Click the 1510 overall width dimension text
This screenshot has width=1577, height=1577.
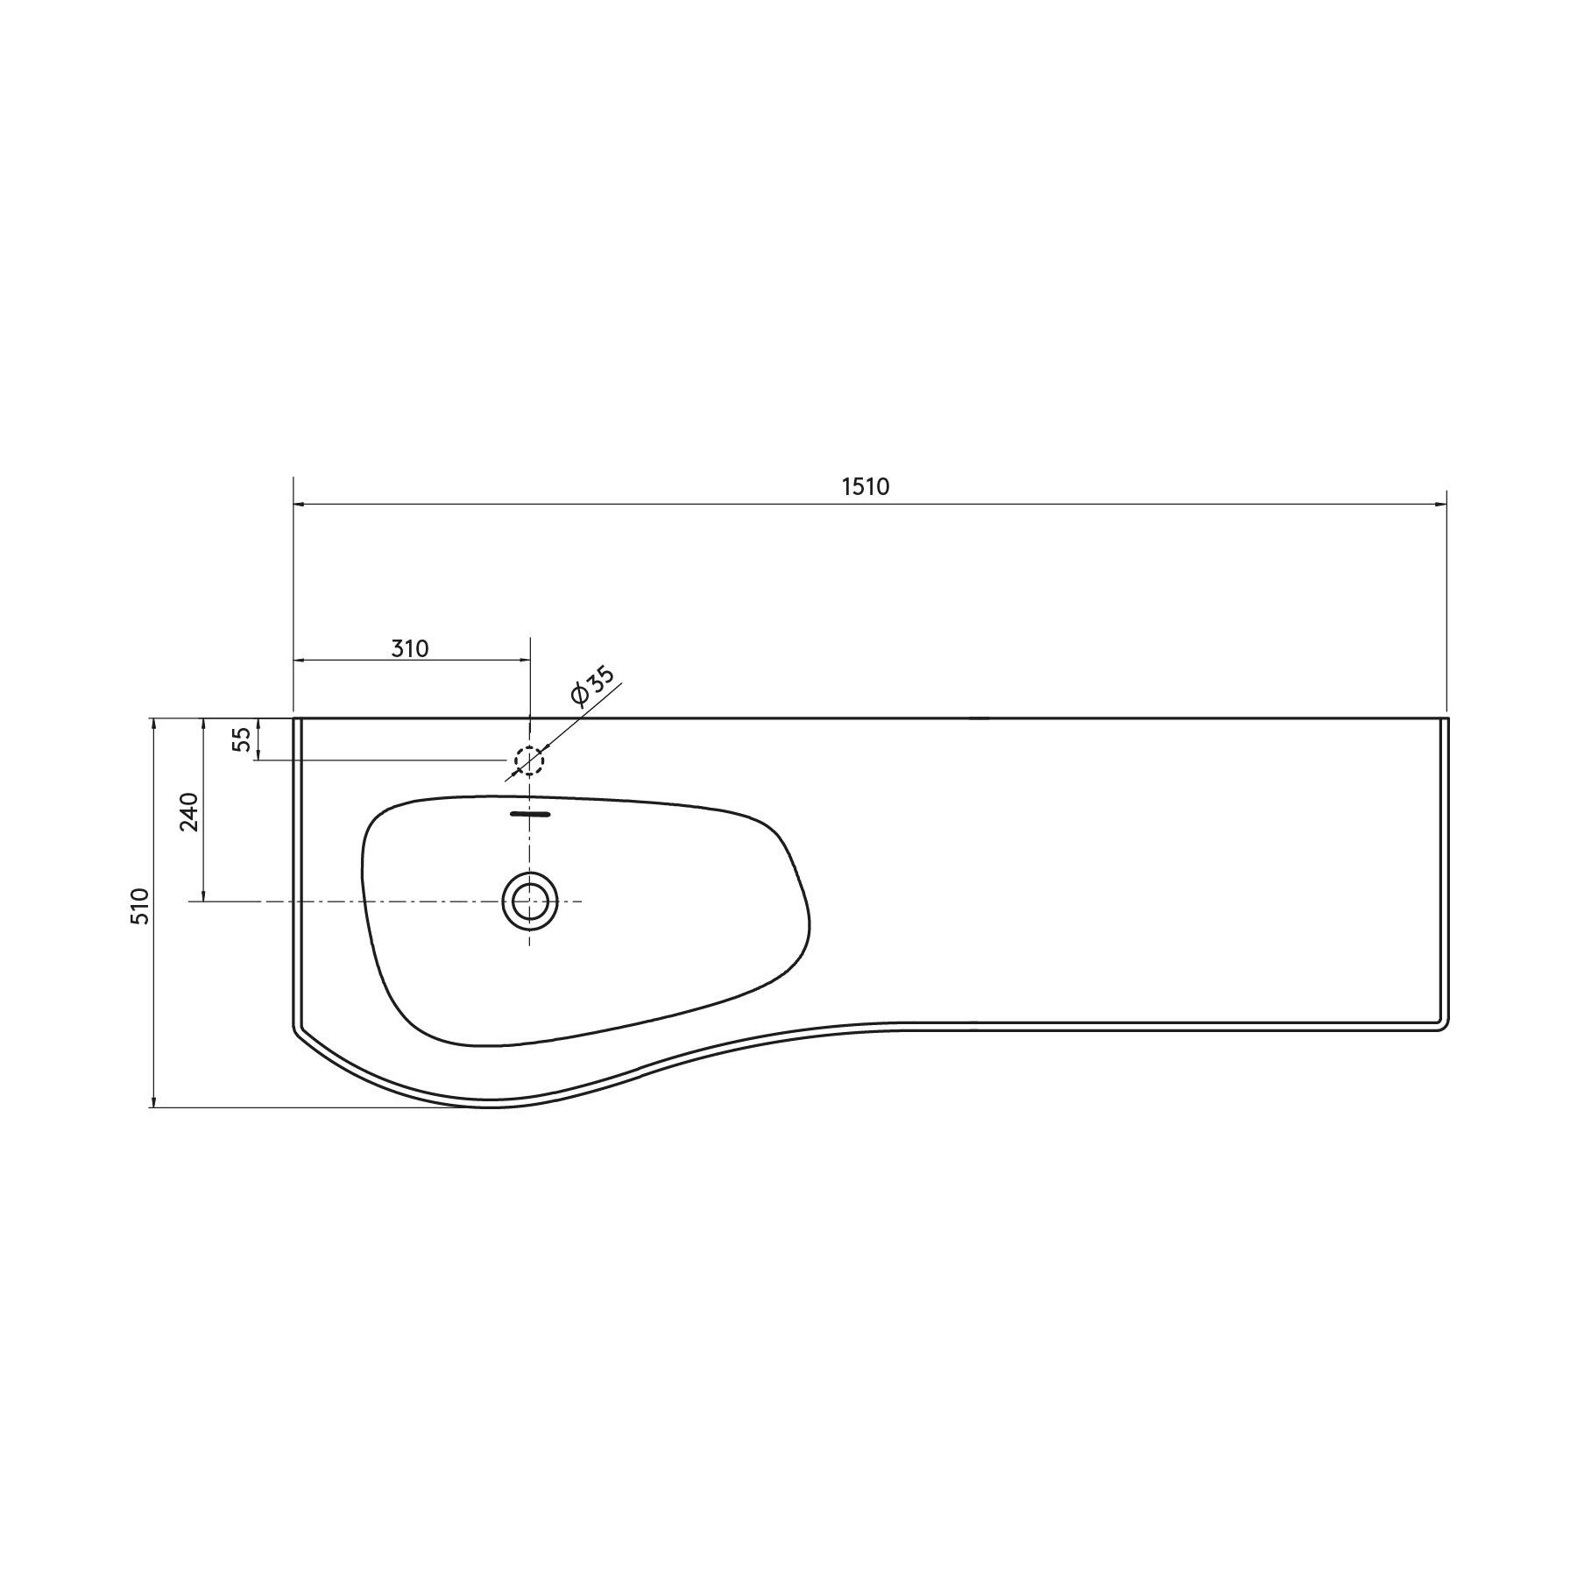coord(866,487)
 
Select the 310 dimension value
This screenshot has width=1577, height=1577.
coord(409,649)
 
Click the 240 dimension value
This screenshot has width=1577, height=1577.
coord(189,811)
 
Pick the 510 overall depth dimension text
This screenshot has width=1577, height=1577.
coord(140,905)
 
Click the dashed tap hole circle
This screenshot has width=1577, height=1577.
coord(529,760)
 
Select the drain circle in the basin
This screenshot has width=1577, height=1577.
coord(529,901)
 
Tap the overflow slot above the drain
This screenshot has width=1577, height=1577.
coord(530,814)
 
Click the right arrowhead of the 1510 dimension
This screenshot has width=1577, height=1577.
coord(1441,505)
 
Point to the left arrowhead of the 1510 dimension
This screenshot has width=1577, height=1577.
coord(299,505)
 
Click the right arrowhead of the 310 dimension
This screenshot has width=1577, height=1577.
coord(525,660)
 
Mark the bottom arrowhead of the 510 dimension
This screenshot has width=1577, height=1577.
coord(153,1101)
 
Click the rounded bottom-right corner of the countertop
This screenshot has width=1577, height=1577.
coord(1444,1027)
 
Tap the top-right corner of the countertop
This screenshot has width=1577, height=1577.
coord(1447,718)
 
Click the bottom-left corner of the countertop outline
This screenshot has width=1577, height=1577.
coord(295,1029)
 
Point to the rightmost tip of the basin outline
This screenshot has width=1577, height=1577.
coord(809,920)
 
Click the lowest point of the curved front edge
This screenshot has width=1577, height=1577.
coord(492,1107)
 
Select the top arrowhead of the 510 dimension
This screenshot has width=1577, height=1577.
coord(153,724)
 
